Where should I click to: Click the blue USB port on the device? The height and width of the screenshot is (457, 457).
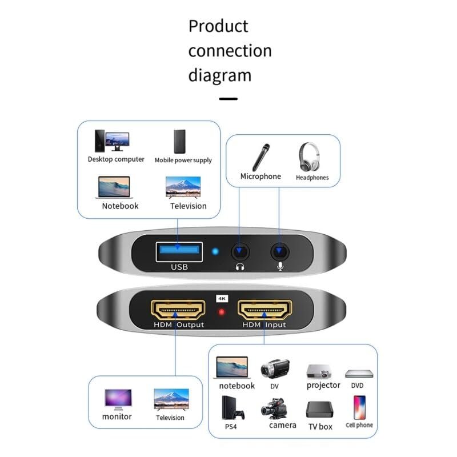(179, 251)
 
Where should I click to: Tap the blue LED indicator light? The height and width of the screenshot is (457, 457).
(215, 251)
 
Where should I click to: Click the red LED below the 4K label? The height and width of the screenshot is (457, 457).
(222, 312)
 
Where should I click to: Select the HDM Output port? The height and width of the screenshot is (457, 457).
(178, 310)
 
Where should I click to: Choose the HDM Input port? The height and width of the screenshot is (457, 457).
(264, 310)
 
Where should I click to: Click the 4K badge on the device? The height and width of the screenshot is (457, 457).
(222, 298)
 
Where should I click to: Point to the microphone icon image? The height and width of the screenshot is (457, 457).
(261, 157)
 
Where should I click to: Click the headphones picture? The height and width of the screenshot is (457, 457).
(309, 157)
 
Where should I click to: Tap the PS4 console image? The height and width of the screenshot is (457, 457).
(232, 408)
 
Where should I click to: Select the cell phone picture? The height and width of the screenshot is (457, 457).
(359, 407)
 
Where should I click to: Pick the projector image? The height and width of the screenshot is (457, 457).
(319, 372)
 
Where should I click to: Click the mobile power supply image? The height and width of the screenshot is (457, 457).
(179, 142)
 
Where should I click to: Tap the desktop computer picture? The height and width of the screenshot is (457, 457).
(112, 141)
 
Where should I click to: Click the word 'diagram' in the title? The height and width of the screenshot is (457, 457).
(220, 75)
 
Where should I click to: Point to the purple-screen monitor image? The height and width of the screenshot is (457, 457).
(118, 399)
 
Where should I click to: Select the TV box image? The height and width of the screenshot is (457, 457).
(319, 410)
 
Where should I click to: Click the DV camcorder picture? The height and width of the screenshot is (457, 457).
(275, 368)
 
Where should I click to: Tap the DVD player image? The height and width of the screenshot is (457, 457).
(359, 374)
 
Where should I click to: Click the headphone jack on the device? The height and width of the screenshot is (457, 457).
(240, 251)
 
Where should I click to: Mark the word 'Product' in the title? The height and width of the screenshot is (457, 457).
(218, 26)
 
